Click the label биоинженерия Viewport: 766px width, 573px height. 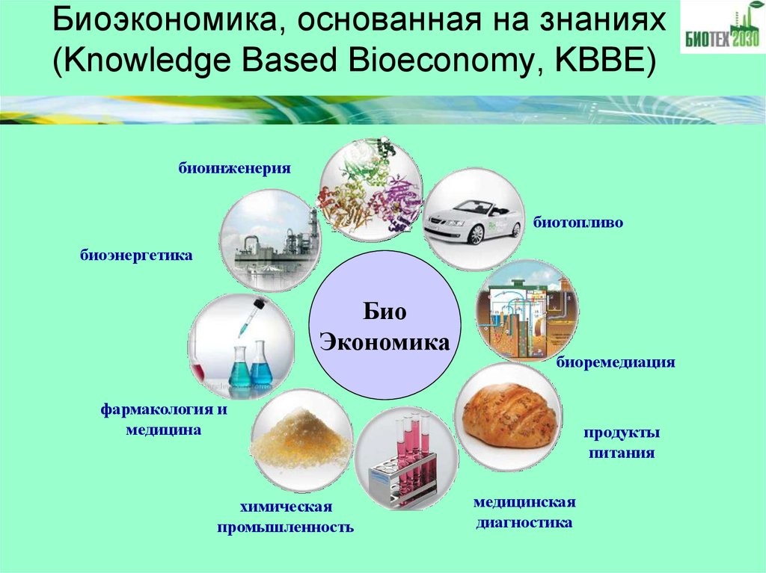(233, 168)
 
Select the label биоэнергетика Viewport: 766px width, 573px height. (137, 256)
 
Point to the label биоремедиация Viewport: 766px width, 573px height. (616, 363)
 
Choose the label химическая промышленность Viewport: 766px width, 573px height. (285, 518)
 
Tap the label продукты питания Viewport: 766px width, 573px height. (622, 443)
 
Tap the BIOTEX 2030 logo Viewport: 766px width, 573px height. (721, 33)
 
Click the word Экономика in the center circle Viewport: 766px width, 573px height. (385, 343)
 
